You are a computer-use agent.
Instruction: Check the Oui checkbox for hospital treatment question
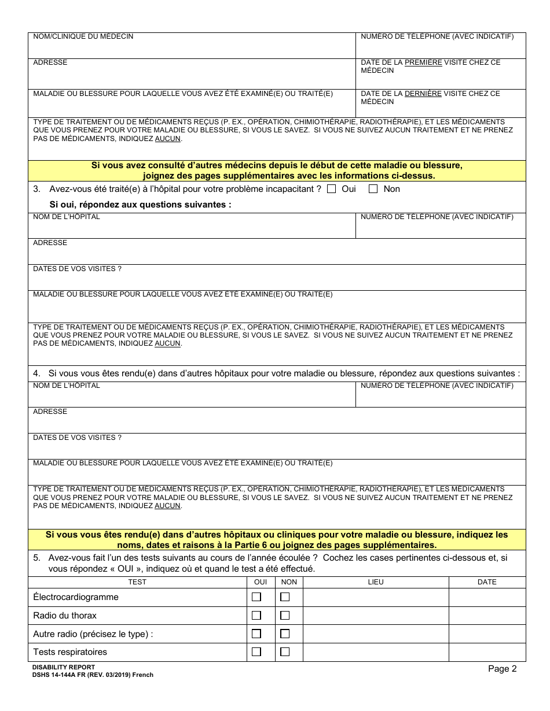pyautogui.click(x=332, y=188)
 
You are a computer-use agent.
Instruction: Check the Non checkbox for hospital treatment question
pyautogui.click(x=373, y=188)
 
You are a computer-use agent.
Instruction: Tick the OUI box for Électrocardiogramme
pyautogui.click(x=256, y=597)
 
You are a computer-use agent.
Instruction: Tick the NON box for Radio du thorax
pyautogui.click(x=285, y=616)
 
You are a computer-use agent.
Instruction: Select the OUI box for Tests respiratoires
pyautogui.click(x=256, y=652)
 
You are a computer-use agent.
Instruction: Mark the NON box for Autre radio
pyautogui.click(x=285, y=634)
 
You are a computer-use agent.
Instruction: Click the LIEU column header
pyautogui.click(x=376, y=582)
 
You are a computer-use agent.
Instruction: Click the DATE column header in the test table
pyautogui.click(x=487, y=582)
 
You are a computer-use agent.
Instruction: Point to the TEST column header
pyautogui.click(x=137, y=582)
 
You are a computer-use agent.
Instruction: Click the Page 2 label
pyautogui.click(x=502, y=669)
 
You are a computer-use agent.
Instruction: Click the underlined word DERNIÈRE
pyautogui.click(x=423, y=94)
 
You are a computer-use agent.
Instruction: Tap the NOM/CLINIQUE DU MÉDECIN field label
pyautogui.click(x=83, y=36)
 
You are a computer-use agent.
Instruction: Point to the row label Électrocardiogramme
pyautogui.click(x=76, y=597)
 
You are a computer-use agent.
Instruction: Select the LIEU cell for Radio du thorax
pyautogui.click(x=376, y=616)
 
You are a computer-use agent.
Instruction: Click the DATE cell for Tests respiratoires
pyautogui.click(x=487, y=652)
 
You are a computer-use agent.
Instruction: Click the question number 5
pyautogui.click(x=36, y=558)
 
